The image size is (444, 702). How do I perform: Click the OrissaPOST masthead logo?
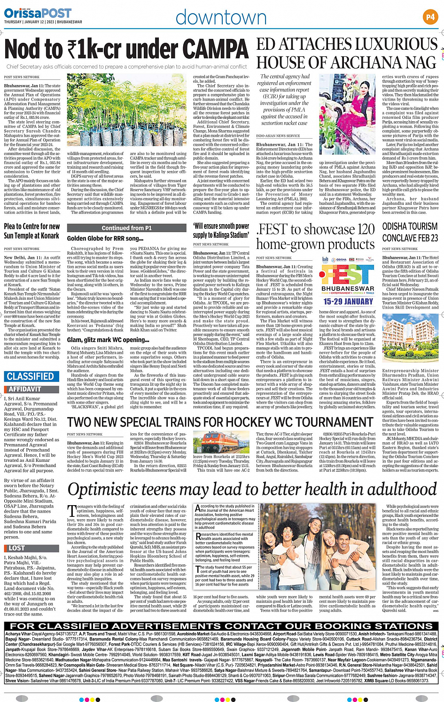tap(38, 13)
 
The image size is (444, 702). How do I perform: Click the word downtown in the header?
tap(221, 18)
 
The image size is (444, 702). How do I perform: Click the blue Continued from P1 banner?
tap(127, 228)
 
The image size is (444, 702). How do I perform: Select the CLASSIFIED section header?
tap(31, 376)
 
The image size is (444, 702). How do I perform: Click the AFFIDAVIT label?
tap(25, 389)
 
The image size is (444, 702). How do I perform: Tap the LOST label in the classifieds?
tap(16, 548)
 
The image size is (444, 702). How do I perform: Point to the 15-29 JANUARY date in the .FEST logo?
tap(348, 301)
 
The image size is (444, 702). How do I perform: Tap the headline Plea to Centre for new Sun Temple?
tap(32, 231)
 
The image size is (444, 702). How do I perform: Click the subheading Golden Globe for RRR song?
tap(105, 239)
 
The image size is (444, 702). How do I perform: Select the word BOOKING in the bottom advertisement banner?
tap(316, 626)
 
